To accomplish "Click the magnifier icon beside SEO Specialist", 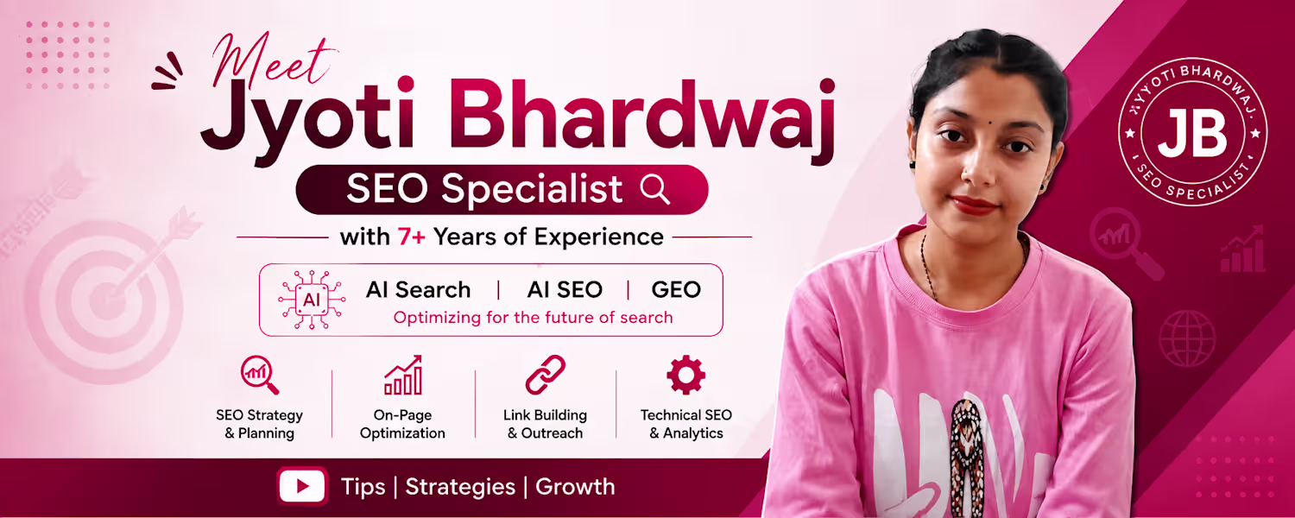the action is coord(655,190).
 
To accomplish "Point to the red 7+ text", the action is coord(411,237).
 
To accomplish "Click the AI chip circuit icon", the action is coord(312,300).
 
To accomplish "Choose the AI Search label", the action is coord(418,289).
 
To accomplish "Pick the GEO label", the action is coord(676,289).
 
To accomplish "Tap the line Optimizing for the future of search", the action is coord(533,318).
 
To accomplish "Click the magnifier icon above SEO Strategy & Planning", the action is coord(260,376).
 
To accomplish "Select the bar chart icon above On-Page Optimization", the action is coord(403,375).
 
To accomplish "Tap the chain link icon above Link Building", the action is coord(545,375).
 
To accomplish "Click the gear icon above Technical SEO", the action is coord(685,375).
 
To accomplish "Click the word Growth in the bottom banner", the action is coord(575,487).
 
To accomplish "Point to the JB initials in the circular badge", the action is coord(1192,133).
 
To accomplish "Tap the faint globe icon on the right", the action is coord(1187,338).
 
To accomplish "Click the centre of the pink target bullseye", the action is coord(106,300).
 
